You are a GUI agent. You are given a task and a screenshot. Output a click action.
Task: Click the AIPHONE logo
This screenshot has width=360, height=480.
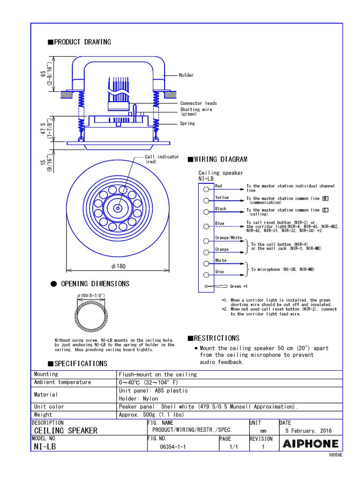click(x=310, y=443)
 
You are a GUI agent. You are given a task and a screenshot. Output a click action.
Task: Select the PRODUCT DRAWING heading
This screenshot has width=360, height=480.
click(x=79, y=42)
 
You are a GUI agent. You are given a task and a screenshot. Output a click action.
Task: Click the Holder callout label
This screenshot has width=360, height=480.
click(x=186, y=75)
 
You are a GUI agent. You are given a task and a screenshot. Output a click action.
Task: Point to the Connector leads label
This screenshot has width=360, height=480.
click(x=198, y=103)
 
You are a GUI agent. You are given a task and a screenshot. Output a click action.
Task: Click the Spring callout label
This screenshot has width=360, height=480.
click(x=187, y=123)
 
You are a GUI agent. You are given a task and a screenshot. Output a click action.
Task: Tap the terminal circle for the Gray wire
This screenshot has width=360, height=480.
click(x=206, y=275)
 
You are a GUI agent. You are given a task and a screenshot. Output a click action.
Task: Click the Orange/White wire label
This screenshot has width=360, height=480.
click(x=228, y=238)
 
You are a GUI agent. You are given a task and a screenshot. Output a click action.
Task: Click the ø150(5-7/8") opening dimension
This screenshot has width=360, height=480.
click(x=90, y=295)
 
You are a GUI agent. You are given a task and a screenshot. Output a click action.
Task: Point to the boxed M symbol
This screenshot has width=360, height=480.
click(x=325, y=198)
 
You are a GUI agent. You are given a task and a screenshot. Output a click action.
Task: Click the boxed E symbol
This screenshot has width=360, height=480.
click(x=325, y=210)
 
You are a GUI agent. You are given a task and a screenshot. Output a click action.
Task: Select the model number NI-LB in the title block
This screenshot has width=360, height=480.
click(x=45, y=447)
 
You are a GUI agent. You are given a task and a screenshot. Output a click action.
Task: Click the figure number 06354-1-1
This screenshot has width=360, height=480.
click(x=173, y=447)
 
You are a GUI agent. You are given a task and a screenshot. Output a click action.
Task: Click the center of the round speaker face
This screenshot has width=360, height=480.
click(x=117, y=208)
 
